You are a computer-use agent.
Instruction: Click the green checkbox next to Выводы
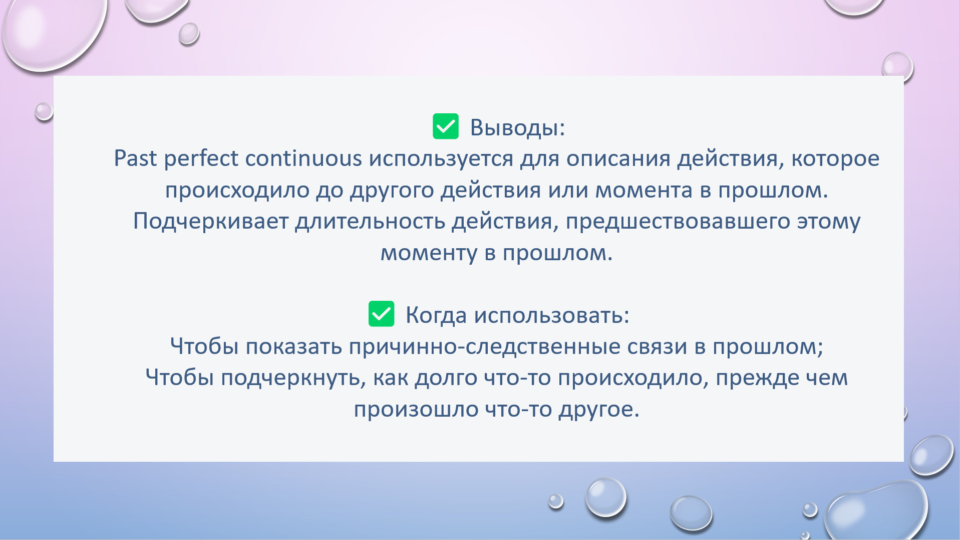pyautogui.click(x=445, y=126)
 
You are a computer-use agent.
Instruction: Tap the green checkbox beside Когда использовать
pyautogui.click(x=381, y=314)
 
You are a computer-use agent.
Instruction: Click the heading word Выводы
pyautogui.click(x=517, y=127)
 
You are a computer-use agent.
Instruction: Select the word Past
pyautogui.click(x=135, y=158)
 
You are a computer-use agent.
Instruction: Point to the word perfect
pyautogui.click(x=201, y=159)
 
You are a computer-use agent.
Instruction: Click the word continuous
pyautogui.click(x=303, y=158)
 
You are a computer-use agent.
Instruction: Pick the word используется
pyautogui.click(x=441, y=159)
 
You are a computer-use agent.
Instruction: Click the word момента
pyautogui.click(x=644, y=191)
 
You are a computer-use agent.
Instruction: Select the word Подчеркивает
pyautogui.click(x=210, y=221)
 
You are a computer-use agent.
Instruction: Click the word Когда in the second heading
pyautogui.click(x=436, y=315)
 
